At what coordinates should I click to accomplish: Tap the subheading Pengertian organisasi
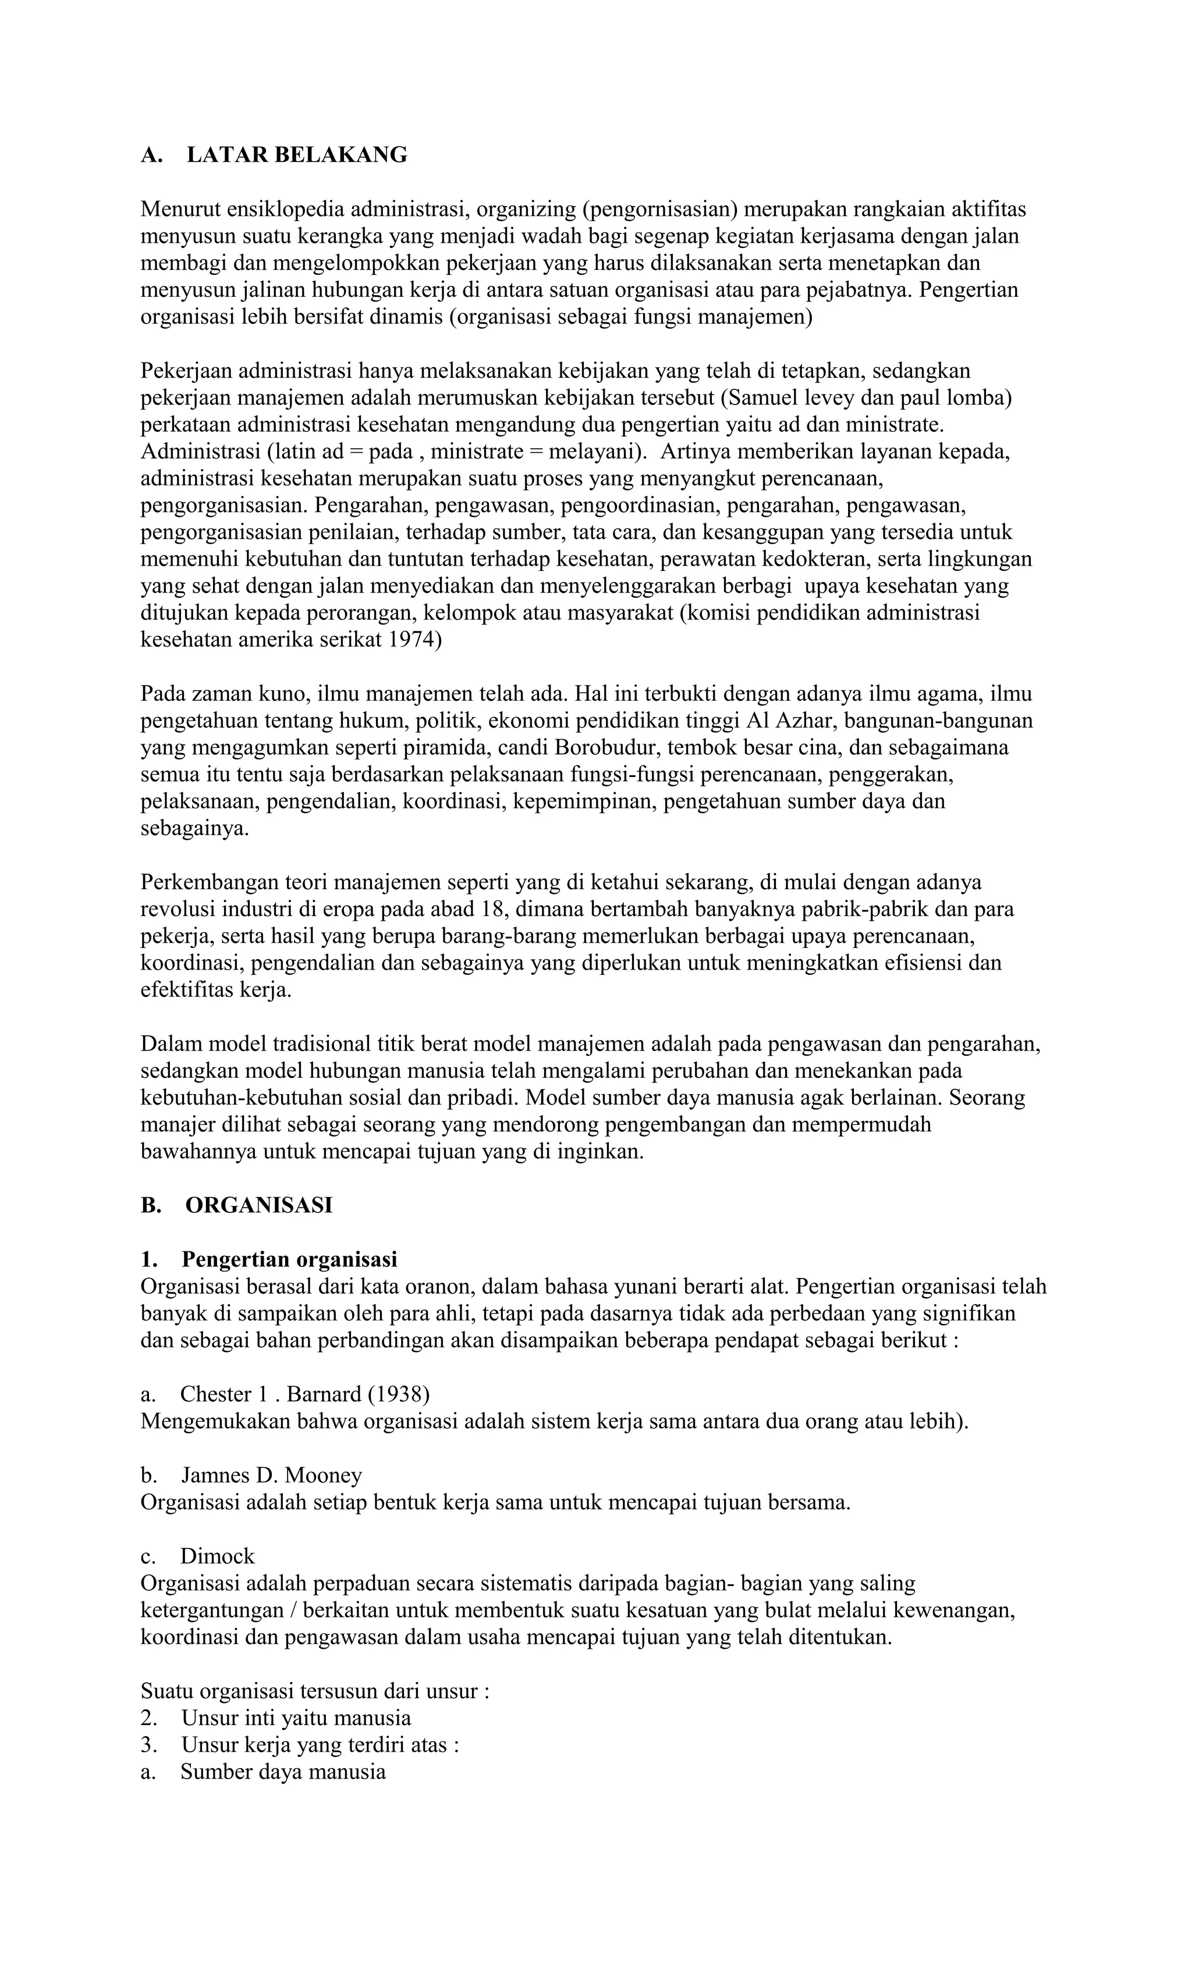click(x=289, y=1259)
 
